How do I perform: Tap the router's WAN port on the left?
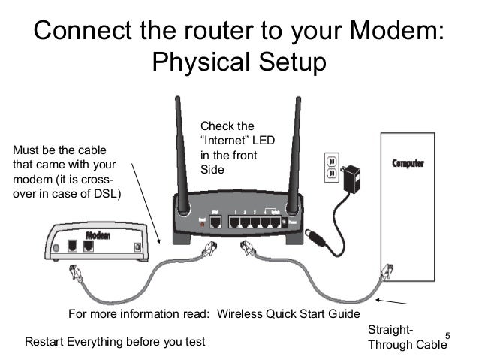pyautogui.click(x=216, y=221)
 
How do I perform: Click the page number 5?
pyautogui.click(x=447, y=334)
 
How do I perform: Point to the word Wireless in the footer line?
pyautogui.click(x=242, y=313)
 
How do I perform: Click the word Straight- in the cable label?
pyautogui.click(x=389, y=331)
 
